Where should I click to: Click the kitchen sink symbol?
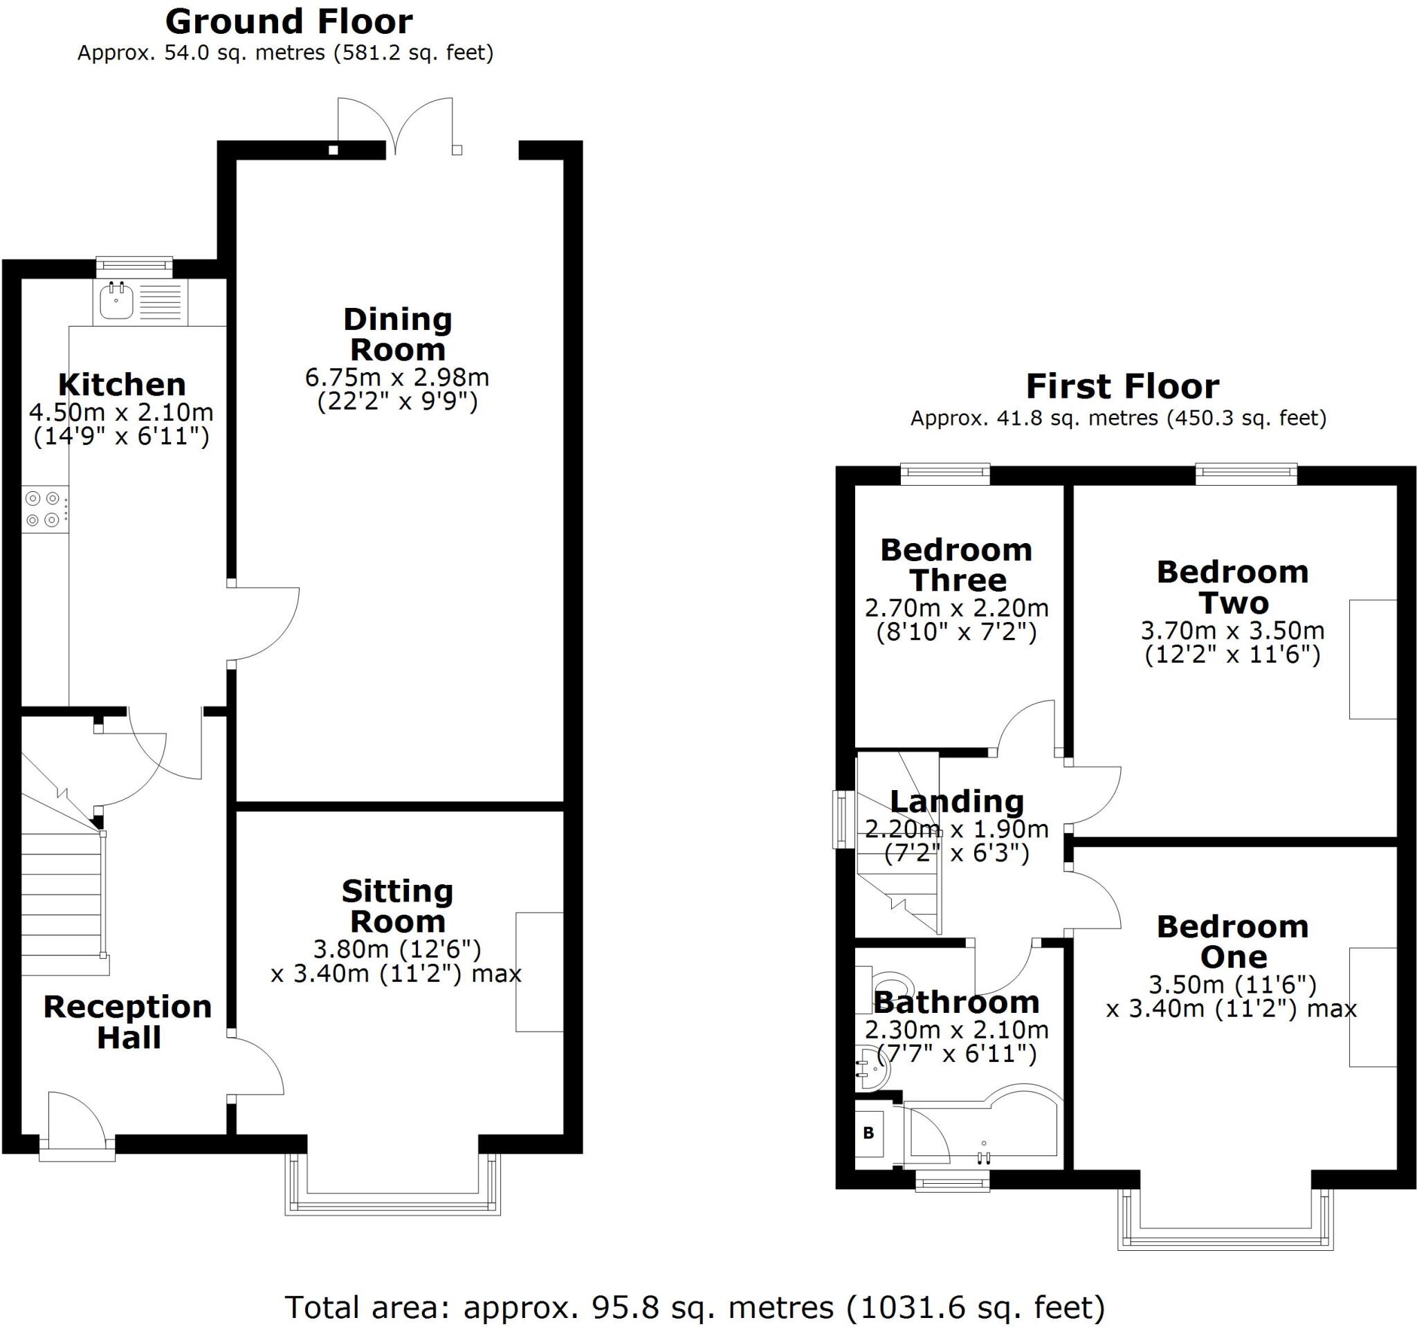tap(116, 300)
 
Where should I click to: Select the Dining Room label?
tap(398, 334)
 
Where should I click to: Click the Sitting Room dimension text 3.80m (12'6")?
tap(398, 949)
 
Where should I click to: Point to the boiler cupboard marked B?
tap(868, 1133)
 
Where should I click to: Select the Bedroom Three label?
tap(957, 565)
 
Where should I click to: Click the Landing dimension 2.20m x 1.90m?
tap(957, 829)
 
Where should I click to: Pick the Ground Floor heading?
tap(289, 22)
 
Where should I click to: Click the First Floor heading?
tap(1123, 386)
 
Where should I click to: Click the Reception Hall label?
tap(128, 1022)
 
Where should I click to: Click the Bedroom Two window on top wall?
tap(1246, 473)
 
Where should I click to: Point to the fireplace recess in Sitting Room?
tap(540, 971)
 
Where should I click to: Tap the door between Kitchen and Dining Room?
tap(264, 624)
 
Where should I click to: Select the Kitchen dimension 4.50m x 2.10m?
tap(121, 412)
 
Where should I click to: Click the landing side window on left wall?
tap(844, 819)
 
